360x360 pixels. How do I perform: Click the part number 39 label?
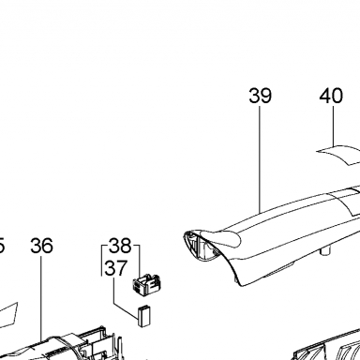pos(260,96)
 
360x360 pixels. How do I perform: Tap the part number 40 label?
pos(331,96)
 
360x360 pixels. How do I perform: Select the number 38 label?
pos(120,246)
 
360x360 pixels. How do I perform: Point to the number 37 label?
pos(116,268)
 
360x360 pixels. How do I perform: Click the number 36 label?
pos(41,246)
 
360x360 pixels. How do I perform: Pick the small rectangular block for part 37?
pos(144,316)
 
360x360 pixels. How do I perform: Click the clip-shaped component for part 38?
pos(146,284)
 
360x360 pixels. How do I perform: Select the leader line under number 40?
pos(333,126)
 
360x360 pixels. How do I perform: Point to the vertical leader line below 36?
pos(41,298)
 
